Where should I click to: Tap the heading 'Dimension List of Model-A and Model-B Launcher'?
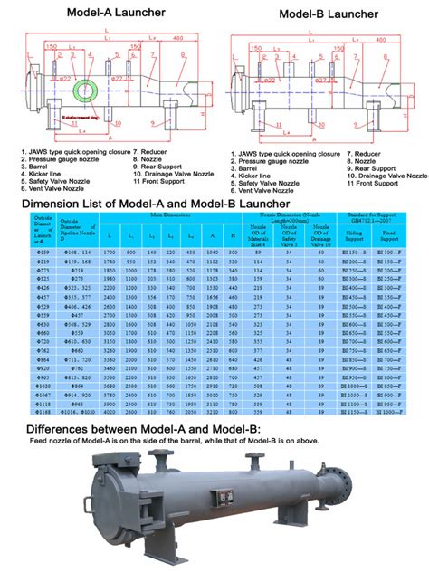164,205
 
